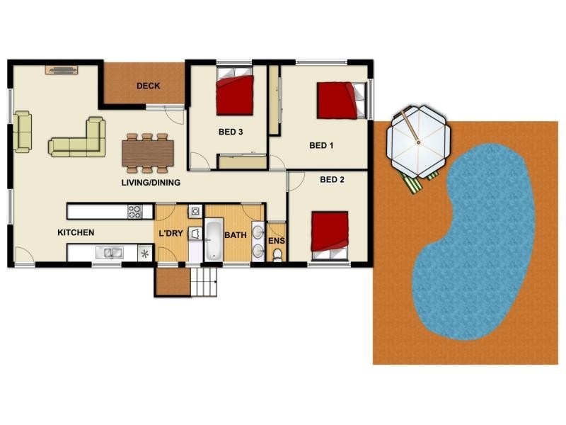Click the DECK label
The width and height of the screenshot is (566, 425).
pos(149,86)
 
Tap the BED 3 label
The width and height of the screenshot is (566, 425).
pos(231,132)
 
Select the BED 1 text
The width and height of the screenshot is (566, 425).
pos(321,146)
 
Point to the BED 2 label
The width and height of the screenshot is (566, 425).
pos(332,180)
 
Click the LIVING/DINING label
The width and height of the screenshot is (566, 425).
pos(151,183)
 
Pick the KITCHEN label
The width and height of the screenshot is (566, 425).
pos(76,232)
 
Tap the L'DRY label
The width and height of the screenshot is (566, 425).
pos(171,234)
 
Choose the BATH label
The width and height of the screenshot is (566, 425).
pos(236,235)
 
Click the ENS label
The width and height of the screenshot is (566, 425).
pos(277,241)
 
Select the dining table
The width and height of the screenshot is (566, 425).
pos(148,153)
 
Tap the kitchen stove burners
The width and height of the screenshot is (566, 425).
pos(135,212)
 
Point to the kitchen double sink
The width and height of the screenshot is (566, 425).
pos(110,253)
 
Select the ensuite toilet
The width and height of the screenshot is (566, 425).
pos(277,255)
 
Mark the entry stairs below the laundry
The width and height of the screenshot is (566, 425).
pos(204,282)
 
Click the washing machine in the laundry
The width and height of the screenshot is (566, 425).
pos(196,211)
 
